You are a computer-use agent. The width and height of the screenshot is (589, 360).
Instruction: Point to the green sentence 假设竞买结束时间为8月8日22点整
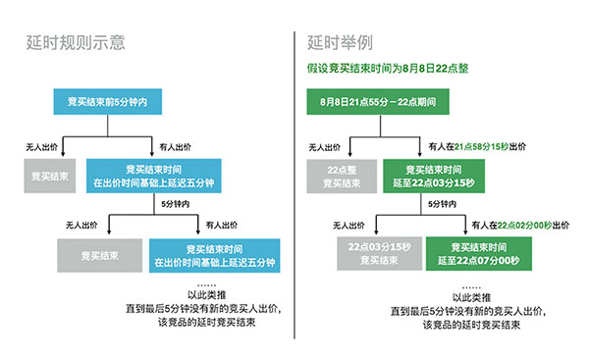coord(386,71)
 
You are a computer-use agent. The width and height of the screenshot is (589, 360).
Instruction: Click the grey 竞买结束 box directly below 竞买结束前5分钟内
coord(49,177)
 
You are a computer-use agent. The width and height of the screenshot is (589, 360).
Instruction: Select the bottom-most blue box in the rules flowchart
coord(214,254)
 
